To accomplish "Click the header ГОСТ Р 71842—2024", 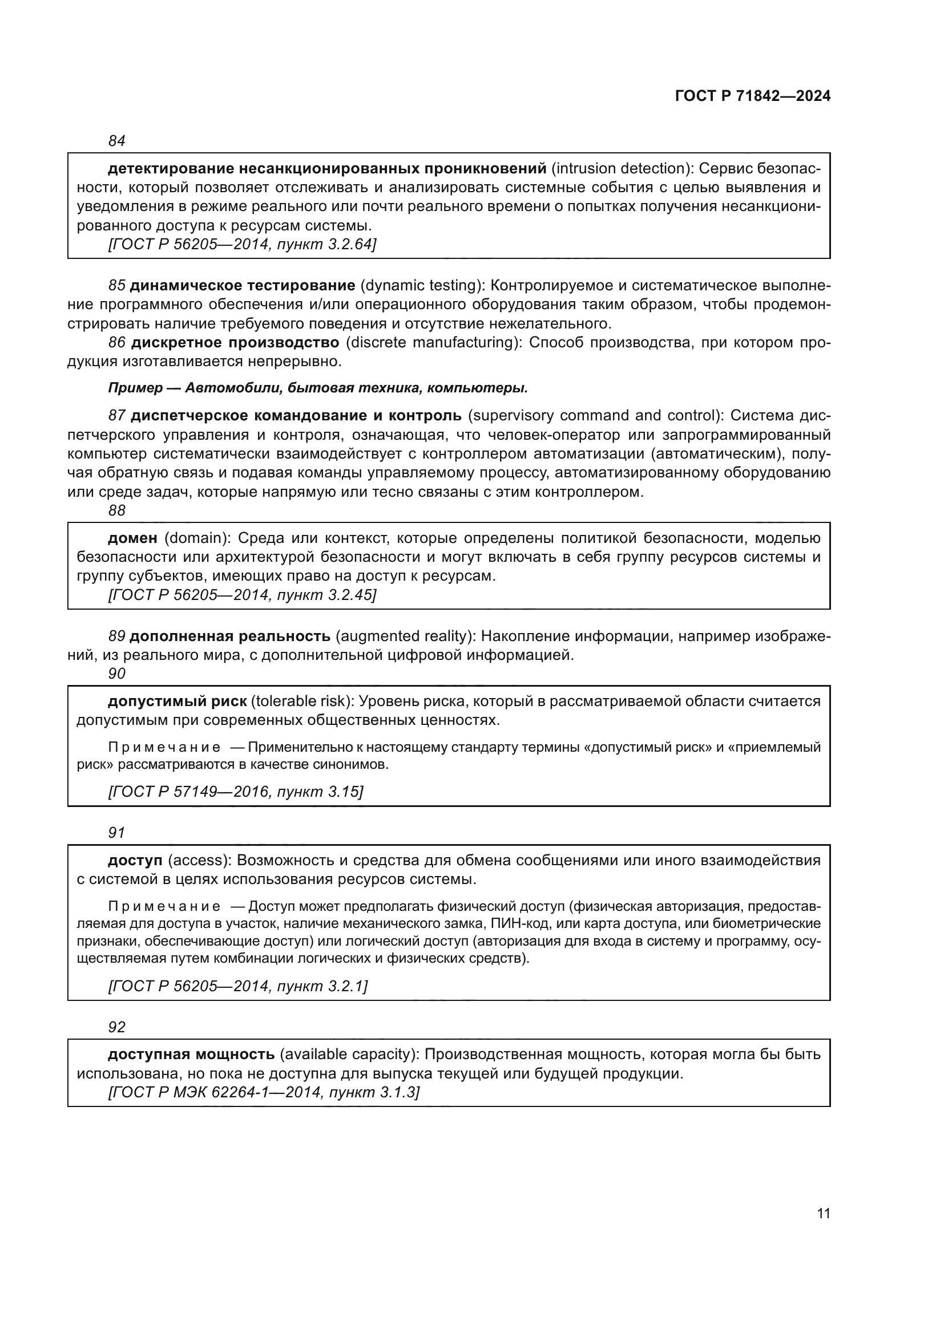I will point(752,96).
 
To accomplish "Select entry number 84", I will point(117,141).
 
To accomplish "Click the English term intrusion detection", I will point(620,168).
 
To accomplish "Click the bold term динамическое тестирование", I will point(243,285).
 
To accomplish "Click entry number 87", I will point(117,415).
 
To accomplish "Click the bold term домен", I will point(132,538).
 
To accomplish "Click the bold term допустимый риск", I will point(177,702).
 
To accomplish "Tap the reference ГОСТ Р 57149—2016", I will point(189,792).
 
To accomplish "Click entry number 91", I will point(117,833).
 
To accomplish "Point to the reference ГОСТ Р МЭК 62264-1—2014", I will point(216,1092).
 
